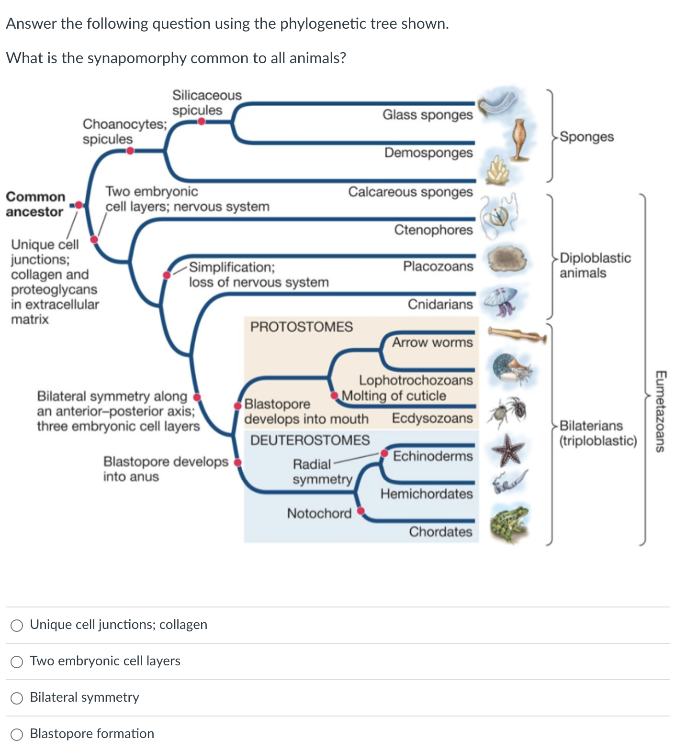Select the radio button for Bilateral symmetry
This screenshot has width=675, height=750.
(17, 698)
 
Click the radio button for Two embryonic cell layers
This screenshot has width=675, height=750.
(17, 662)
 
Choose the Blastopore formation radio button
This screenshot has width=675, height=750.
(17, 734)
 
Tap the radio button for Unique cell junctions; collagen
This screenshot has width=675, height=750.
(17, 625)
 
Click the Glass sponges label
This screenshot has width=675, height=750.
(427, 115)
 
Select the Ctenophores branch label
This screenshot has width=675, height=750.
(433, 230)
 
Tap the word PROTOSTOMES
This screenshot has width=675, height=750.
(301, 327)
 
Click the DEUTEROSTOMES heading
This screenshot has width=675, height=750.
(310, 440)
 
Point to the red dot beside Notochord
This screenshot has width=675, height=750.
(361, 511)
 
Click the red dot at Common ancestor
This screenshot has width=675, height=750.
(79, 205)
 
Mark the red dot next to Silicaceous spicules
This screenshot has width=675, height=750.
(202, 121)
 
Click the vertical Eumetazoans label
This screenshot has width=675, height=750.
(661, 411)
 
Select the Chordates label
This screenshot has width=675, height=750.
(440, 532)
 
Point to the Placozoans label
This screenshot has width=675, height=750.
(438, 266)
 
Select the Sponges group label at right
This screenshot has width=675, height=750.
(586, 137)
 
